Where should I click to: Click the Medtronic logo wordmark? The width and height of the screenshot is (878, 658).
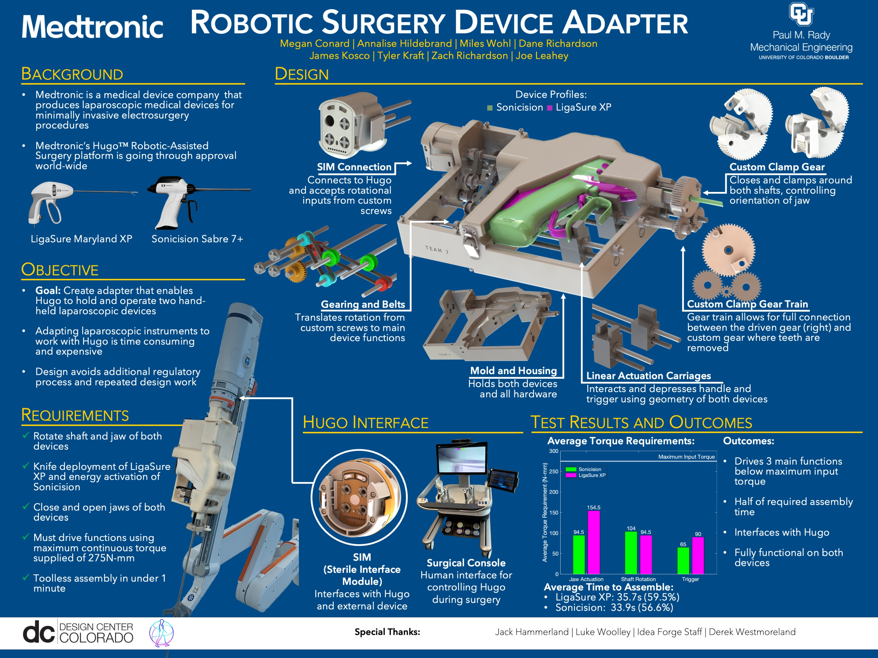[x=92, y=27]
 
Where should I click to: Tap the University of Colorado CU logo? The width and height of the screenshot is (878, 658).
[x=801, y=14]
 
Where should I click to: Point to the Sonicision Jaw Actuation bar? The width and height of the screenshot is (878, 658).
[x=579, y=554]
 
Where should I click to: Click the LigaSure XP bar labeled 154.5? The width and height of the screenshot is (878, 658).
[x=594, y=542]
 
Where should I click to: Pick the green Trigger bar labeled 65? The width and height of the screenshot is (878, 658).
[x=683, y=561]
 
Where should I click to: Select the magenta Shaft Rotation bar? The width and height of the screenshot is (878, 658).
[x=646, y=554]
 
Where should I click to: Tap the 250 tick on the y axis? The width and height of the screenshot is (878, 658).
[x=553, y=472]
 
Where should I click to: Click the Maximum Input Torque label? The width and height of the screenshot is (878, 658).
[x=686, y=457]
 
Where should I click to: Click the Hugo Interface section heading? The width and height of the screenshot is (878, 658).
[x=366, y=423]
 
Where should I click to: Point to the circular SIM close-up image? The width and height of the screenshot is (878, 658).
[x=359, y=497]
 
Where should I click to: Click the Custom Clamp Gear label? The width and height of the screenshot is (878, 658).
[x=777, y=167]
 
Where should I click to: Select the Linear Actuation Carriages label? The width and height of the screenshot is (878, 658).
[x=648, y=376]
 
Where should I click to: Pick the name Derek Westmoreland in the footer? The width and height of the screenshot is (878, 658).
[x=752, y=632]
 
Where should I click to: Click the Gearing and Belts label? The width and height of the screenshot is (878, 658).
[x=363, y=304]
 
